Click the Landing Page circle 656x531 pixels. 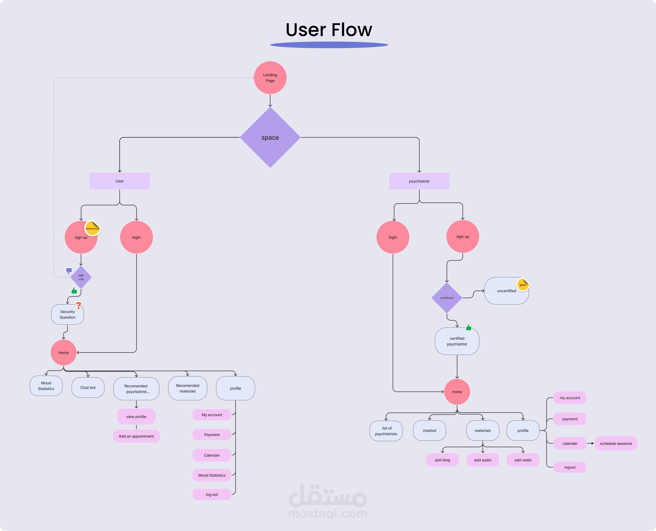click(x=270, y=78)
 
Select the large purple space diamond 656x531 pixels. click(x=270, y=137)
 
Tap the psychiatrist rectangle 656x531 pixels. click(x=419, y=181)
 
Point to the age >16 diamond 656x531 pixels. click(x=81, y=277)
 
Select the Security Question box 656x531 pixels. click(x=67, y=314)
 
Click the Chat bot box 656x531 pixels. click(x=88, y=387)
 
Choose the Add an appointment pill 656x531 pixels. click(x=136, y=436)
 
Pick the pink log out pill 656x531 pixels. click(x=212, y=495)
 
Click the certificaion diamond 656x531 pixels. click(x=447, y=298)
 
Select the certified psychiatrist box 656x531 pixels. click(x=457, y=341)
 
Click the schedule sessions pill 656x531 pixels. click(x=616, y=444)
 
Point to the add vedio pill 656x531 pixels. click(x=523, y=460)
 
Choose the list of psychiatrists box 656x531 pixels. click(x=386, y=431)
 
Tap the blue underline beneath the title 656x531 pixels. click(x=329, y=45)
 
